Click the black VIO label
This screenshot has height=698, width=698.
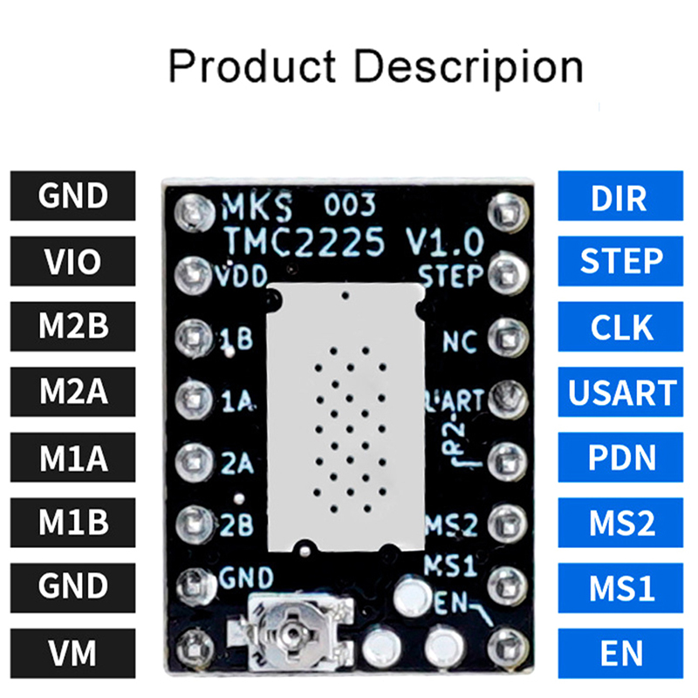(72, 261)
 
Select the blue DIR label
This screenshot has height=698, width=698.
(619, 196)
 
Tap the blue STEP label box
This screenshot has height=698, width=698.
(619, 261)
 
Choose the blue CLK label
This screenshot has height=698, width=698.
(619, 326)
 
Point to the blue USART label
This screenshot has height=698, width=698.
(619, 392)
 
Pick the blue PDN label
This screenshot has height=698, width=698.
(619, 456)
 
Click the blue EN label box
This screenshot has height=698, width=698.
(619, 652)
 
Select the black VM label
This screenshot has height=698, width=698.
(72, 652)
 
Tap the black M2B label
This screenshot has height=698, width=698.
(72, 326)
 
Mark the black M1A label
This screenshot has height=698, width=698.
(72, 456)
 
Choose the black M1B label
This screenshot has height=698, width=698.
(72, 522)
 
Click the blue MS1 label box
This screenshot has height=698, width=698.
(619, 587)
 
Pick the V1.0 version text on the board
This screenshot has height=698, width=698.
(442, 240)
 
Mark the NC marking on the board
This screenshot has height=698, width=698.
(459, 338)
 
